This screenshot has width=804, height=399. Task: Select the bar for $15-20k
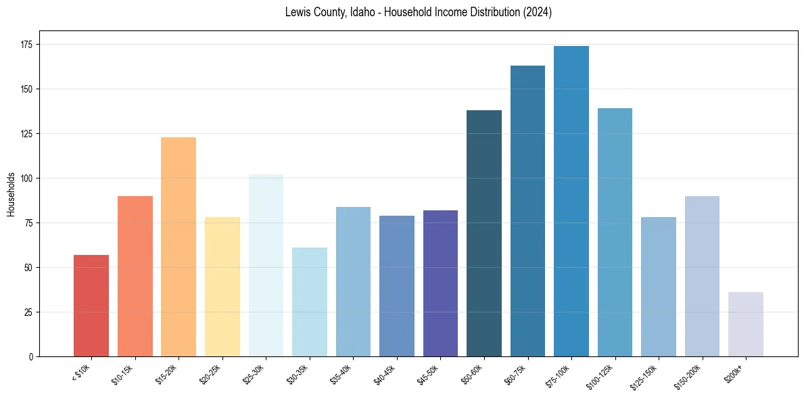pyautogui.click(x=179, y=247)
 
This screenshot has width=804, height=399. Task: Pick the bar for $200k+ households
pyautogui.click(x=746, y=325)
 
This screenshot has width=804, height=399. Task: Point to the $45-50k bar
pyautogui.click(x=440, y=283)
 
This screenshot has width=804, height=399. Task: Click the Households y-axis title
pyautogui.click(x=11, y=194)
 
